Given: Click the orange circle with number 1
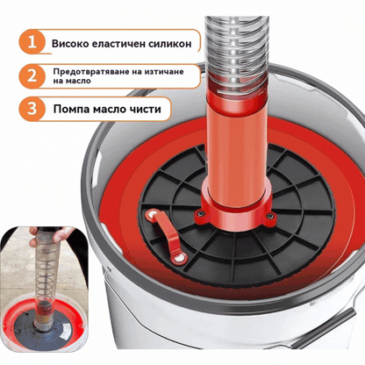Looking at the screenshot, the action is (x=32, y=42).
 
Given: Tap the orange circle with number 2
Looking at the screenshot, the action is (x=32, y=76).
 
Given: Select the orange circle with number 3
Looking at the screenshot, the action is (x=32, y=109).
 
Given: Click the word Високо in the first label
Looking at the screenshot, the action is (x=70, y=44).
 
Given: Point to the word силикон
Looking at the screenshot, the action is (x=170, y=44).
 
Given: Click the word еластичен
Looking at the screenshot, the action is (x=118, y=44).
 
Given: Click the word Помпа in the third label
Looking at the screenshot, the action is (x=72, y=109).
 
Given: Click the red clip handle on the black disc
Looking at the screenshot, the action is (x=168, y=235).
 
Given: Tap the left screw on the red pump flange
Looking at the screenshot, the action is (x=201, y=214).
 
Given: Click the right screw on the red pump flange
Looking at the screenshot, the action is (x=270, y=217).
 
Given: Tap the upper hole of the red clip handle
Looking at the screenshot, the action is (x=152, y=216).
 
